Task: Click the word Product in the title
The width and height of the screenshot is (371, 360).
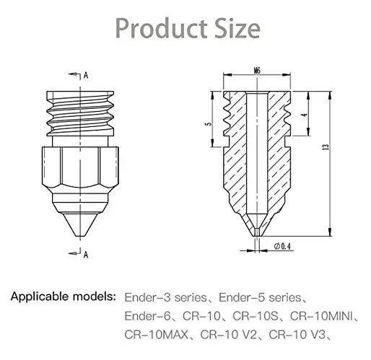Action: (x=161, y=28)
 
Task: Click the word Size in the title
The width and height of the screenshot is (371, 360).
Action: (x=237, y=28)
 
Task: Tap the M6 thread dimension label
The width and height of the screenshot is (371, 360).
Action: (x=257, y=71)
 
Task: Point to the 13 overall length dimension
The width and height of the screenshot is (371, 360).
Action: (x=326, y=147)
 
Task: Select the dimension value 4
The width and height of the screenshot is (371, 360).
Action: (x=305, y=115)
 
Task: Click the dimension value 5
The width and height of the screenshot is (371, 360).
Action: (x=209, y=124)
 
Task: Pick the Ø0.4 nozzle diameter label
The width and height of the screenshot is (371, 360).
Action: (x=282, y=246)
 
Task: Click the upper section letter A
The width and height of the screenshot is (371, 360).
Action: (x=86, y=75)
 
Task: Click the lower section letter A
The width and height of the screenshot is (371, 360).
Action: (x=86, y=255)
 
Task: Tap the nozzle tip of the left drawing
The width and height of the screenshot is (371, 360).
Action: (x=80, y=235)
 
